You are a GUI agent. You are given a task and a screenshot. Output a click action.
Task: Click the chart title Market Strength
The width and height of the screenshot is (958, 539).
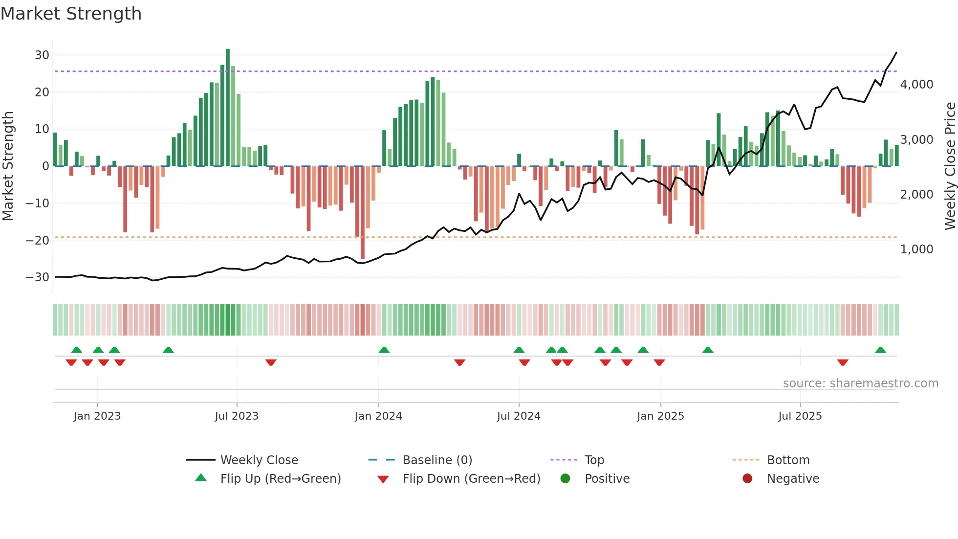point(71,14)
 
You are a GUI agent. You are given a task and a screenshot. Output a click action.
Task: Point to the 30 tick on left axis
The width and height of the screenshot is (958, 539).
point(42,55)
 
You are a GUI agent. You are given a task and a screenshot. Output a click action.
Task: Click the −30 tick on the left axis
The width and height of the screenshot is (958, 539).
point(38,277)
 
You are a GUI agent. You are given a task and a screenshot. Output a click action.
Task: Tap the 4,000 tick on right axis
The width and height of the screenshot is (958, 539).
point(916,85)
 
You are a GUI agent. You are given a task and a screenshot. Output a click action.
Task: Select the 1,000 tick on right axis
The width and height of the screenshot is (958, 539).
point(916,249)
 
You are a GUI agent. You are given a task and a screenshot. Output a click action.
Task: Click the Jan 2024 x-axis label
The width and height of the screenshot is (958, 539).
point(378,416)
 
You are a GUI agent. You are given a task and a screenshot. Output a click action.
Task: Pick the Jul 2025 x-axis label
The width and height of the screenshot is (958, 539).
point(800,416)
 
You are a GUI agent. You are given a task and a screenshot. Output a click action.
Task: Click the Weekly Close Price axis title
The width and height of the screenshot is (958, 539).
point(950,166)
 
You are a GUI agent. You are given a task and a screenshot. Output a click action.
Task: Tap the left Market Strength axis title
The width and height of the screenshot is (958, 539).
point(8,166)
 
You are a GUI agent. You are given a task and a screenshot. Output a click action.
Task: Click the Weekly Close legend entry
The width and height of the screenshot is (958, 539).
point(259,460)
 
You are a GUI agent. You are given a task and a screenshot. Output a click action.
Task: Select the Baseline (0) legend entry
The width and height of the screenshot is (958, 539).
point(437,460)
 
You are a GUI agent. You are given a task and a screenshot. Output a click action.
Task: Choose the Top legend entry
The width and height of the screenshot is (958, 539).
point(594,460)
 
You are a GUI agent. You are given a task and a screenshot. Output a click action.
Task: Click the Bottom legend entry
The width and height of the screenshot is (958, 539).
point(788,460)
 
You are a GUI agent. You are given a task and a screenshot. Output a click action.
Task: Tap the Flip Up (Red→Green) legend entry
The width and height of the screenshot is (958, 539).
point(280,479)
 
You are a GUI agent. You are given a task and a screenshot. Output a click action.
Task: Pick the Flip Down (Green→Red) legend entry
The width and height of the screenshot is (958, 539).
point(471,479)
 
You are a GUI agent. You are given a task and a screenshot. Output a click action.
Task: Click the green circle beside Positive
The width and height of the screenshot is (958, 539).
point(566,479)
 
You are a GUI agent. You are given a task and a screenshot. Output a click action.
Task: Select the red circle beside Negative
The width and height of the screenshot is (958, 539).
point(747,479)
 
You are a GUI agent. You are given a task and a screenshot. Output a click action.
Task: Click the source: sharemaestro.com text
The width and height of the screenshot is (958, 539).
point(860,383)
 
